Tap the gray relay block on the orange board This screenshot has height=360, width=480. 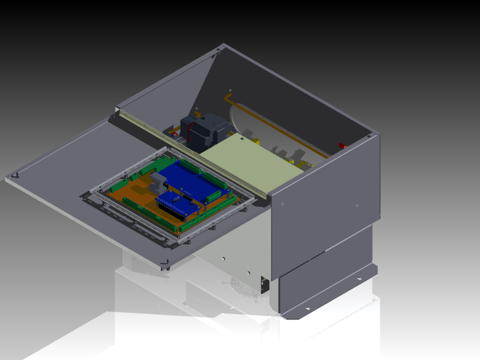[159, 183]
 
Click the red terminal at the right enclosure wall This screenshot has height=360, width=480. [342, 146]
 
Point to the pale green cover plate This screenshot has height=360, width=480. [248, 163]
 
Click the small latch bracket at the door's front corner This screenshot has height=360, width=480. [165, 262]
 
